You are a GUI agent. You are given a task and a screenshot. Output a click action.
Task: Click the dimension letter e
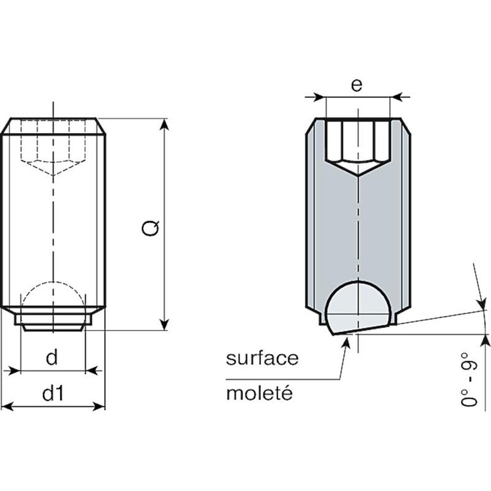[357, 85]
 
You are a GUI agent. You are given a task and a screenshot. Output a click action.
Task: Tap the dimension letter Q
[150, 228]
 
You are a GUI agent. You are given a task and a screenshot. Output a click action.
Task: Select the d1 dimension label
[53, 393]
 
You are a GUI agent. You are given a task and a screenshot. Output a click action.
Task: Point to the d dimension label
[52, 357]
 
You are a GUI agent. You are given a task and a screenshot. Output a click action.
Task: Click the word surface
[262, 358]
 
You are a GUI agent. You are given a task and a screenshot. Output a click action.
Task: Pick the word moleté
[260, 393]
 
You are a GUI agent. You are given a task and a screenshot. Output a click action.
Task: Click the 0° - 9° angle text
[469, 379]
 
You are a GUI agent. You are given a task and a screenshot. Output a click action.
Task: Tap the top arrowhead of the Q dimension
[165, 124]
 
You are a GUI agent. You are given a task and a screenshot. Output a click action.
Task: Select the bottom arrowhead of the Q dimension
[165, 325]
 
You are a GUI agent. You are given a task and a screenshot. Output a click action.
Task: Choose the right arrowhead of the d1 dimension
[99, 407]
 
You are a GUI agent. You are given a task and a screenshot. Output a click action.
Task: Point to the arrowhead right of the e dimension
[396, 97]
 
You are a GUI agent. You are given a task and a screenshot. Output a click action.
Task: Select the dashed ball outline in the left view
[52, 297]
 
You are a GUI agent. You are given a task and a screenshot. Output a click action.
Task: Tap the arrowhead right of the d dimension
[91, 371]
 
